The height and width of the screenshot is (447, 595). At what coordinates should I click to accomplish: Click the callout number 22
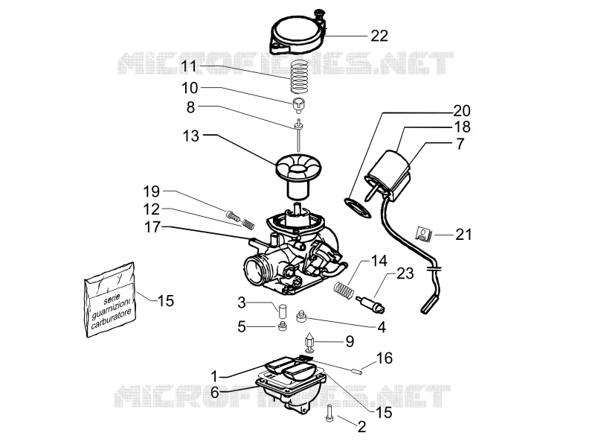[x=379, y=36]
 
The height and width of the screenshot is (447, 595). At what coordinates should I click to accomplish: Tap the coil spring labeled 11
[x=299, y=77]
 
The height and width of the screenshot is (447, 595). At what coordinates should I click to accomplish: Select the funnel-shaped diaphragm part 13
[x=298, y=176]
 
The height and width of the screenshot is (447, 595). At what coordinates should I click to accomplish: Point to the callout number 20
[x=462, y=110]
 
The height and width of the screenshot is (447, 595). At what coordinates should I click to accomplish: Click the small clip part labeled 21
[x=424, y=234]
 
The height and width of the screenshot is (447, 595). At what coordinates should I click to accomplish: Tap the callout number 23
[x=405, y=273]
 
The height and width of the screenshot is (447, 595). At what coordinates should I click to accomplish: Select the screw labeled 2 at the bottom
[x=329, y=413]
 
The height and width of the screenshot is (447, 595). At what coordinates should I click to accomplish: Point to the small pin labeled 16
[x=357, y=370]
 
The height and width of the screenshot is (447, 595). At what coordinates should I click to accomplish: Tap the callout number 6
[x=215, y=393]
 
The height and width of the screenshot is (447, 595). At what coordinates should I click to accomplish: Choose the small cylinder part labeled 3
[x=281, y=311]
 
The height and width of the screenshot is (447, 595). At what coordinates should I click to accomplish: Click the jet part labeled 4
[x=301, y=316]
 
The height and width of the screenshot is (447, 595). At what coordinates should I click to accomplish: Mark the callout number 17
[x=152, y=227]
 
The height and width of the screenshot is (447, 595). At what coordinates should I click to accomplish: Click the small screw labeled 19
[x=232, y=216]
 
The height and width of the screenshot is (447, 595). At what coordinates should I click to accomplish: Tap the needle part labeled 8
[x=299, y=136]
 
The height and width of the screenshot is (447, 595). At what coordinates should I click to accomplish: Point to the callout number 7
[x=460, y=144]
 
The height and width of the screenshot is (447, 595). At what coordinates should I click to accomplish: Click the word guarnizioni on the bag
[x=111, y=307]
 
